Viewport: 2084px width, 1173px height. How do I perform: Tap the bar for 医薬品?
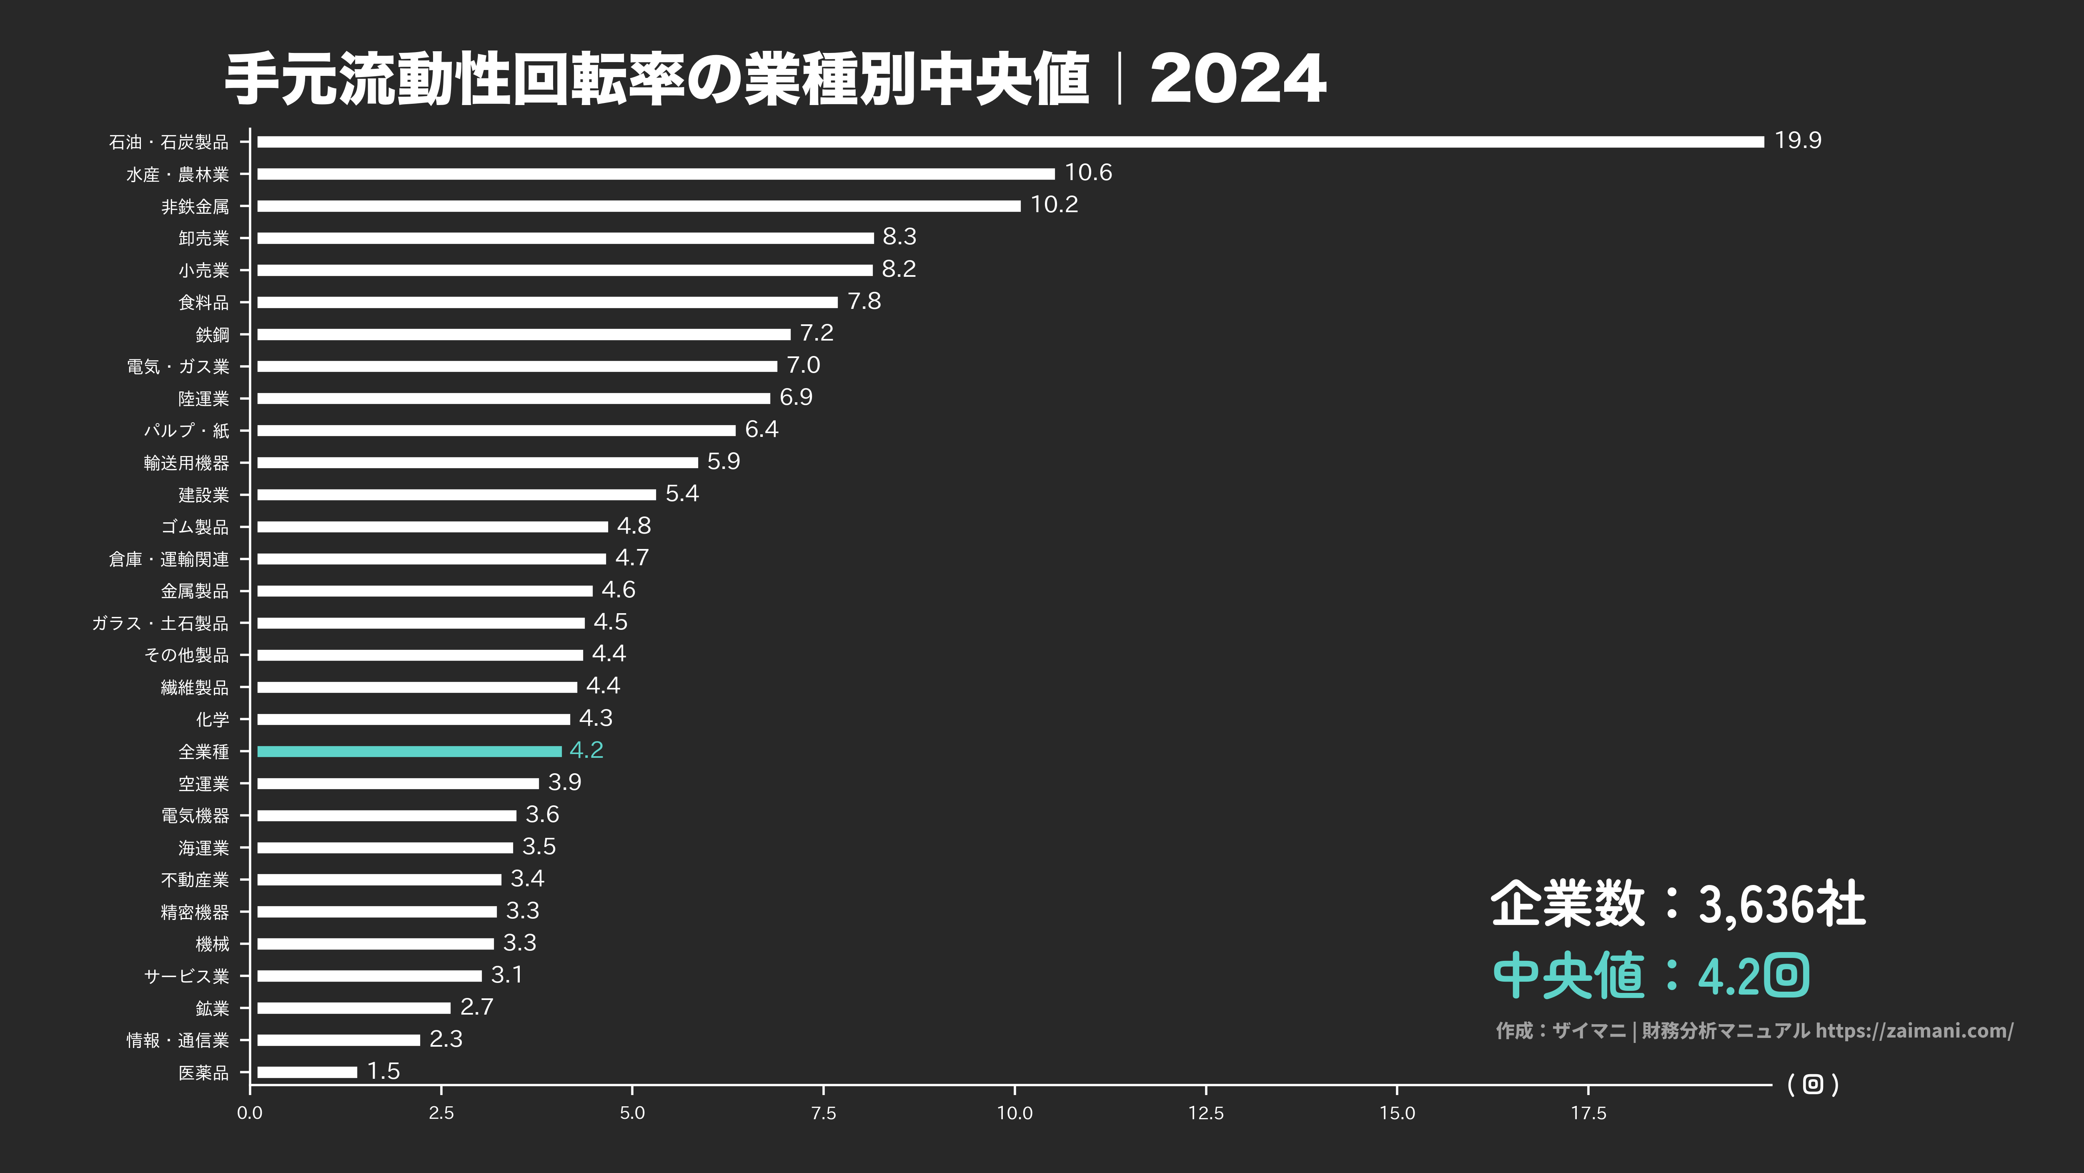[x=307, y=1072]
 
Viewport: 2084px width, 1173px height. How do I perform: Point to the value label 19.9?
[x=1798, y=141]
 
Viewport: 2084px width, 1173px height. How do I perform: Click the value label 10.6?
[x=1088, y=172]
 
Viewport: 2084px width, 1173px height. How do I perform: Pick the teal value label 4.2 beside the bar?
[x=586, y=750]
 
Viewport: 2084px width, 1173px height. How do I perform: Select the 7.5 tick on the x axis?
[x=824, y=1113]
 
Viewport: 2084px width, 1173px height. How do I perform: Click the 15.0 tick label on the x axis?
[x=1397, y=1113]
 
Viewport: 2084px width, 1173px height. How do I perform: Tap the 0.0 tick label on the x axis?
[x=250, y=1113]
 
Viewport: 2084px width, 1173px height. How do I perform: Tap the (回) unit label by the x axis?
[x=1813, y=1085]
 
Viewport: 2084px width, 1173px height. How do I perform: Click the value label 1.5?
[x=383, y=1071]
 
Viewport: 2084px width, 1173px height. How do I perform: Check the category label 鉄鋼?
[x=213, y=335]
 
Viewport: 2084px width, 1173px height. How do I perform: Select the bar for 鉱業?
[x=353, y=1008]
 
